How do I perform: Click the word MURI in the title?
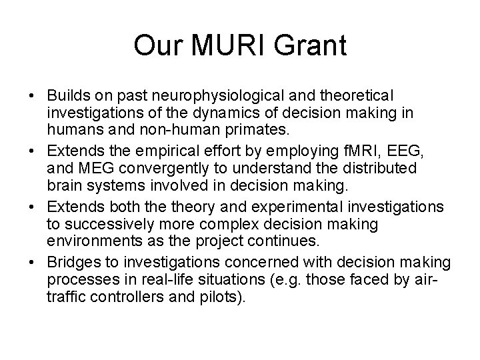pyautogui.click(x=235, y=45)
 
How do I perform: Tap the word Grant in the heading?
pyautogui.click(x=315, y=45)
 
